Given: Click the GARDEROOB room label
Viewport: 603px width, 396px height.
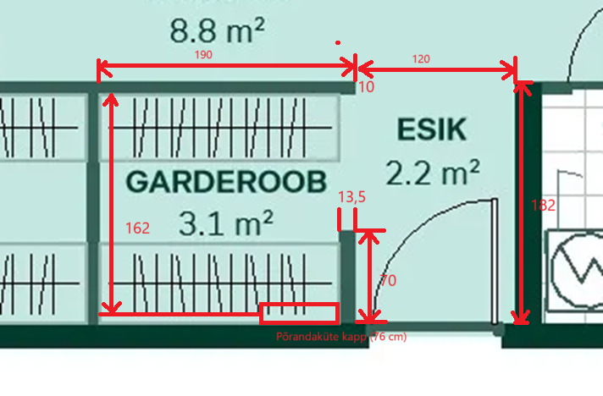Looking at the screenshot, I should pyautogui.click(x=226, y=182).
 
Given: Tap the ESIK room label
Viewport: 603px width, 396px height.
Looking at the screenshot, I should pyautogui.click(x=431, y=129).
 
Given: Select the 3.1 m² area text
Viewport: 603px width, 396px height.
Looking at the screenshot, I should pyautogui.click(x=226, y=223).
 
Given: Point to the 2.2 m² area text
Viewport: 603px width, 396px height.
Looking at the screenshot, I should pyautogui.click(x=433, y=173).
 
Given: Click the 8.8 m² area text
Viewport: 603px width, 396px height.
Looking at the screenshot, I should pyautogui.click(x=217, y=31).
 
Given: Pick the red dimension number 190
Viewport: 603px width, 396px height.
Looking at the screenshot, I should pyautogui.click(x=203, y=54).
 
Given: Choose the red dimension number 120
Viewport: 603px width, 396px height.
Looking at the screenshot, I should pyautogui.click(x=421, y=59).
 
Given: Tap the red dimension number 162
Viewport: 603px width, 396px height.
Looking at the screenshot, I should pyautogui.click(x=137, y=228).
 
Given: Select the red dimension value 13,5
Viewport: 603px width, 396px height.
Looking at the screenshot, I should pyautogui.click(x=351, y=197).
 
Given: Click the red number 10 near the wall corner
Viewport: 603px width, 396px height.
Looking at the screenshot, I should pyautogui.click(x=366, y=86).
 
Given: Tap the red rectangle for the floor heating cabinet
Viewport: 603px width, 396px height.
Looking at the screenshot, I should pyautogui.click(x=299, y=313).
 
